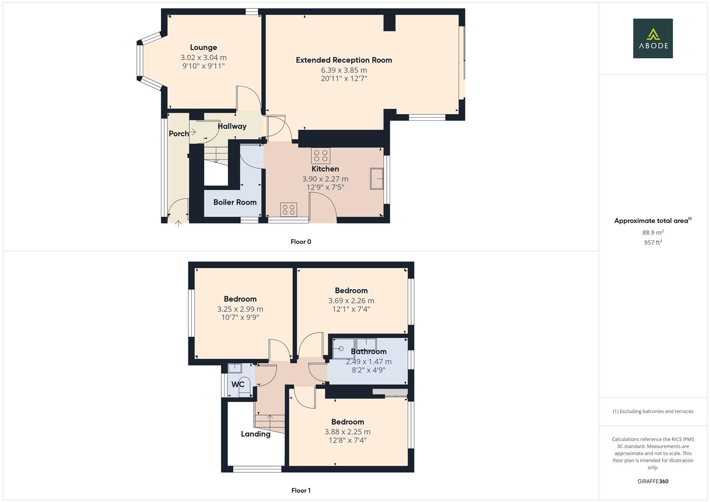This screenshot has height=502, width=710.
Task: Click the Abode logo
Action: [x=652, y=38]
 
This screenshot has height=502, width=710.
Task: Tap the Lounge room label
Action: [x=203, y=47]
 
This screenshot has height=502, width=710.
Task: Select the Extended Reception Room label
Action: [x=344, y=60]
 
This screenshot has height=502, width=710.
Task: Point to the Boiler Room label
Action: [x=235, y=202]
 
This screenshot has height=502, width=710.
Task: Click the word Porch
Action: [x=179, y=134]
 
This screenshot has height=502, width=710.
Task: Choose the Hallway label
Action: [x=232, y=126]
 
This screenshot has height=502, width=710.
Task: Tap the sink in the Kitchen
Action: [x=377, y=179]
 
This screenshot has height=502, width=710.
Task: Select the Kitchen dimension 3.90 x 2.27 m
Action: [x=325, y=179]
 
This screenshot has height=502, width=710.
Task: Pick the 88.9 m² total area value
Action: [x=652, y=232]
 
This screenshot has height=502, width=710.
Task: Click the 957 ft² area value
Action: [x=652, y=243]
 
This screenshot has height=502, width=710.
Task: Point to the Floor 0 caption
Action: [x=301, y=242]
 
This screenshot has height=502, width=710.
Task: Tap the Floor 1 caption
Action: [x=301, y=490]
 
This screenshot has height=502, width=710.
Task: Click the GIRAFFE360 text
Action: [x=652, y=482]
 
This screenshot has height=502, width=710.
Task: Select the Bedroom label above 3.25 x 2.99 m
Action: [x=240, y=299]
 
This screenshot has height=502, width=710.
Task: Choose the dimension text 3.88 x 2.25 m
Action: [x=347, y=432]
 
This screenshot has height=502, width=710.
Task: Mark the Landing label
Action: [x=255, y=434]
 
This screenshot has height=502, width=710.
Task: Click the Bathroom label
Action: [x=368, y=351]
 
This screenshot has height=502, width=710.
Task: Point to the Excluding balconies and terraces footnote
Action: [x=652, y=411]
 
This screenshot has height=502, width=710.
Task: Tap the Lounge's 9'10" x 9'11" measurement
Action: [x=203, y=66]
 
